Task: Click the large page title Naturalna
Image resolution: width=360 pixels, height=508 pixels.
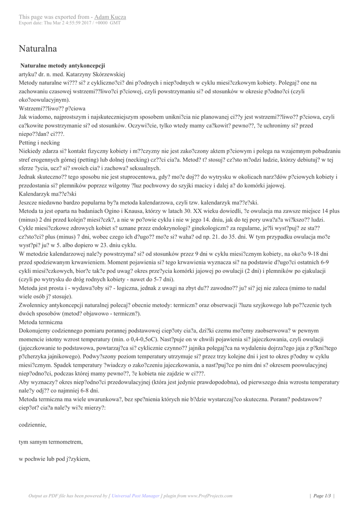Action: point(38,49)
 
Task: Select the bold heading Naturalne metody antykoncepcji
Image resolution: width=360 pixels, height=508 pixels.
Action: point(63,65)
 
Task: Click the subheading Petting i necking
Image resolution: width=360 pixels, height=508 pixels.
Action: point(39,142)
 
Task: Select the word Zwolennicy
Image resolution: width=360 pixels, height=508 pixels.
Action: point(35,305)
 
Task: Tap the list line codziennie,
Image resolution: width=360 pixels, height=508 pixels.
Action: point(33,425)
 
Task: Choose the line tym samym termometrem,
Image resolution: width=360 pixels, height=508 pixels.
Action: point(51,442)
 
